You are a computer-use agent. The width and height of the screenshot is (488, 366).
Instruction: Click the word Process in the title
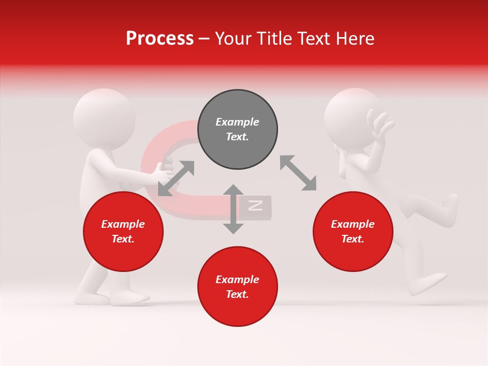[160, 39]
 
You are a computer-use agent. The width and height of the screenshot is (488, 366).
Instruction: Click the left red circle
[123, 231]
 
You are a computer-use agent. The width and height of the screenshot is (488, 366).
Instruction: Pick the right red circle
[353, 231]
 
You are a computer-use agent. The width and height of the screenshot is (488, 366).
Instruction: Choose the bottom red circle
[237, 286]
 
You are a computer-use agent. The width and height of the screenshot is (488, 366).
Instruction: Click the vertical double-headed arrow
[233, 209]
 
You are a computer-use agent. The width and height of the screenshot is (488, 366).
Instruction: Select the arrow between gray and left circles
[176, 178]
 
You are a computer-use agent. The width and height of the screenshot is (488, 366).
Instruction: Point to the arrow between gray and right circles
[298, 173]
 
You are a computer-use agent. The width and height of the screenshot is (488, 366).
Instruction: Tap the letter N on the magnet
[255, 205]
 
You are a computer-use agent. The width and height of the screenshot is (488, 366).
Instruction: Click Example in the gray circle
[237, 122]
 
